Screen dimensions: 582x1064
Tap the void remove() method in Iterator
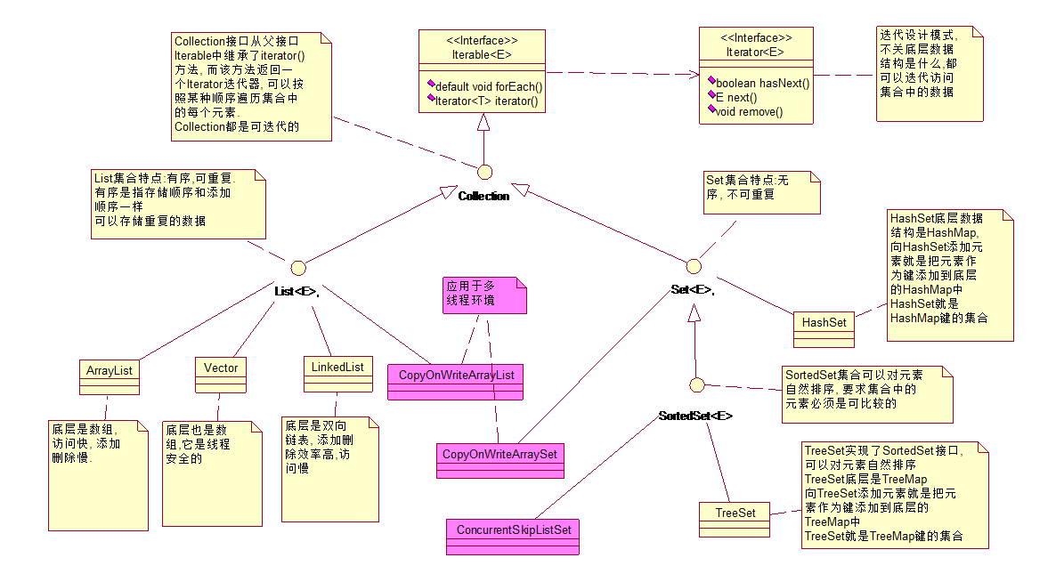tap(749, 111)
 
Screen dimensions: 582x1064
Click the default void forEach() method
tap(488, 86)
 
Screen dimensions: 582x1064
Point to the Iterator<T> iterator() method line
tap(485, 101)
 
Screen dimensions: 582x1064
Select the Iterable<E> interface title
tap(482, 54)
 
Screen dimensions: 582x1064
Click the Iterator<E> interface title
tap(756, 51)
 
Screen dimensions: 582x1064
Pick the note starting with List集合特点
tap(178, 204)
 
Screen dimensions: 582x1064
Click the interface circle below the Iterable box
tap(485, 172)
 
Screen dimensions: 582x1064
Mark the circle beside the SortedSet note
tap(698, 384)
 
